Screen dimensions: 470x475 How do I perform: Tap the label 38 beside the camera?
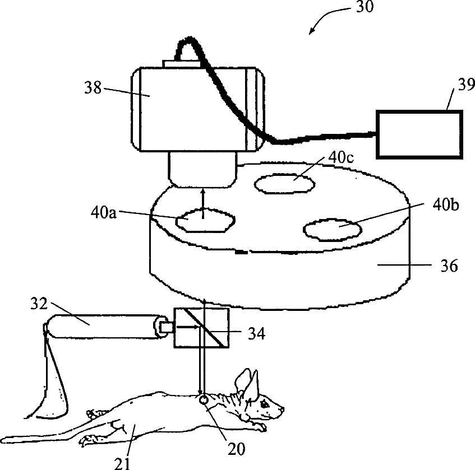[x=93, y=88]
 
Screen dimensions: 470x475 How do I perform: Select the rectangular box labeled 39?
[x=419, y=133]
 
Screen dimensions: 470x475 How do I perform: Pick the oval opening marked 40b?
[x=331, y=230]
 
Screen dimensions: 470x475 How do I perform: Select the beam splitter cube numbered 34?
[x=201, y=326]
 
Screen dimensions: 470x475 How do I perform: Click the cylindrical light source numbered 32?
[x=103, y=326]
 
